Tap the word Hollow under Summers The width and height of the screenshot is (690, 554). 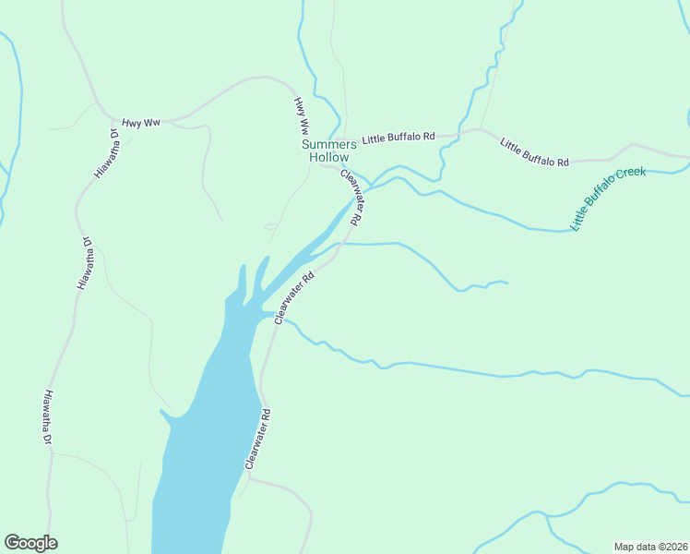pos(328,157)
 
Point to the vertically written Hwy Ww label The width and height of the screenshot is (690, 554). pos(301,116)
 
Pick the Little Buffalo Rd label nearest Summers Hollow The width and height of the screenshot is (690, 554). pos(398,138)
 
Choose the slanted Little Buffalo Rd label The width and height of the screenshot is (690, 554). pos(534,152)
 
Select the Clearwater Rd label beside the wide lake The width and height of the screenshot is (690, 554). pos(257,440)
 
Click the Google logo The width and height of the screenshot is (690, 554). pos(30,543)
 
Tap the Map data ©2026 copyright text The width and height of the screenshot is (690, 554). pos(650,547)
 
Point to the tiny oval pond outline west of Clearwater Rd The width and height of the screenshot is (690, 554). pos(271,225)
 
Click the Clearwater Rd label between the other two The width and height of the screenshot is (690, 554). pos(294,297)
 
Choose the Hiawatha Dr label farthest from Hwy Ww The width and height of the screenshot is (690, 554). pos(47,417)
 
